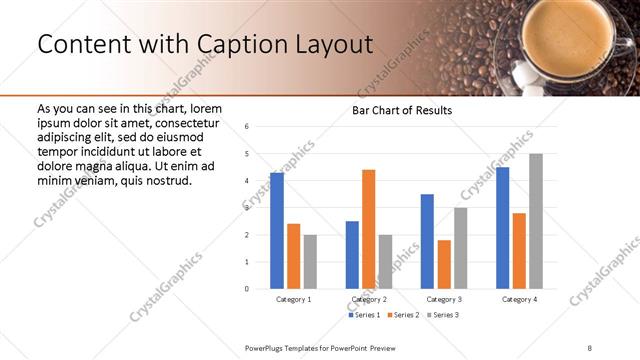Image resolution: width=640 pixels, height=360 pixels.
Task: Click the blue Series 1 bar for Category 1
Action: click(277, 231)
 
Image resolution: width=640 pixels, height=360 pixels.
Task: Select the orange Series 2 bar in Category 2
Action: click(368, 229)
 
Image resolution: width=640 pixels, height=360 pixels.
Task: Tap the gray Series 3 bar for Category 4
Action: click(535, 221)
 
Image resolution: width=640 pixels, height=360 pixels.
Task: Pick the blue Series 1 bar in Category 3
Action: click(427, 241)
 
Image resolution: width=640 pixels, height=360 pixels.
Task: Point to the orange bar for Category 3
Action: click(444, 264)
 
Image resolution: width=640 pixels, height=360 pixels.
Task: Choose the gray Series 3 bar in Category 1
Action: click(310, 262)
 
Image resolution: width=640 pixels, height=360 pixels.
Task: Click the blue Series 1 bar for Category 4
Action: click(502, 228)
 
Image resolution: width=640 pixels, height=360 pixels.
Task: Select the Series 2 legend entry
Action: click(404, 315)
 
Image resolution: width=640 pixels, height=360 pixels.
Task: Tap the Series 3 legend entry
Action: click(443, 315)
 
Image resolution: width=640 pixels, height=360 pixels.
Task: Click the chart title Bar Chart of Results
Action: click(402, 110)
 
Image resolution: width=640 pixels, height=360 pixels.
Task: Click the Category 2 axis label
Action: click(369, 299)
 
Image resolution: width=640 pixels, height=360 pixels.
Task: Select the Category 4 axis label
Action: click(519, 299)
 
